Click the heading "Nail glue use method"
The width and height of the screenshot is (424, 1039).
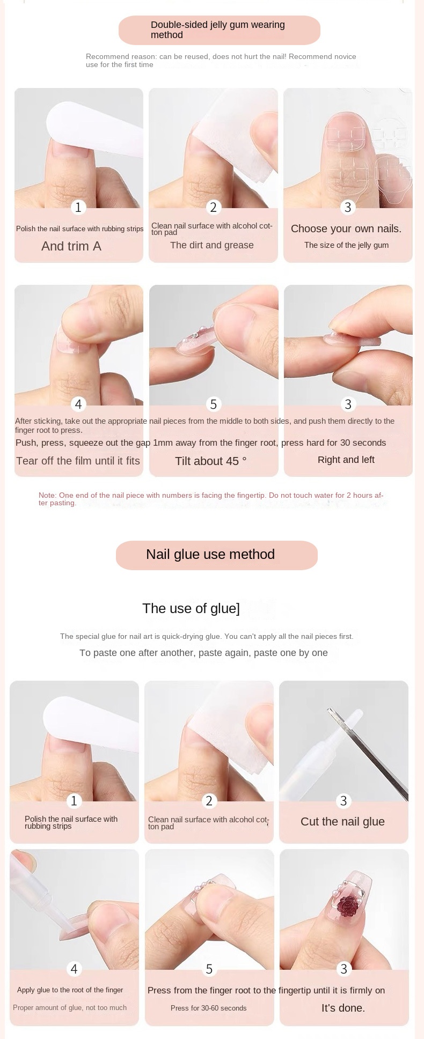pyautogui.click(x=210, y=554)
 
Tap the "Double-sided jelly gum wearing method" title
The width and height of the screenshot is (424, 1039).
pyautogui.click(x=217, y=30)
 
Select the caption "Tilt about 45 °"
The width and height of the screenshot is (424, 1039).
pyautogui.click(x=211, y=461)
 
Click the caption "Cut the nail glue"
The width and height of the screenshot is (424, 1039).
pyautogui.click(x=342, y=822)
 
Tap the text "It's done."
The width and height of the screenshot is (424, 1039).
pyautogui.click(x=343, y=1008)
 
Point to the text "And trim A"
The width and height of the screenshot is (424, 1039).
pyautogui.click(x=71, y=246)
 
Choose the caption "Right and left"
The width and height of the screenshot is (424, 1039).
pyautogui.click(x=346, y=460)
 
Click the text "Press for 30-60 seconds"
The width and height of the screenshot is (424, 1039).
pyautogui.click(x=208, y=1008)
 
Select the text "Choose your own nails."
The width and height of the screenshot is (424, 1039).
pyautogui.click(x=346, y=229)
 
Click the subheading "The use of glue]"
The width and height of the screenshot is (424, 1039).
pyautogui.click(x=191, y=608)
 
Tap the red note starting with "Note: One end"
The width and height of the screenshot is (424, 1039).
pyautogui.click(x=211, y=499)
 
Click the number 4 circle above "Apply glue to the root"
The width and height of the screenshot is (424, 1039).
pyautogui.click(x=74, y=968)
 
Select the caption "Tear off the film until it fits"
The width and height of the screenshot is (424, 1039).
pyautogui.click(x=78, y=461)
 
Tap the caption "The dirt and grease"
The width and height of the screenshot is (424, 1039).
pyautogui.click(x=211, y=245)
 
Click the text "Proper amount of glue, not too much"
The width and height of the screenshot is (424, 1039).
pyautogui.click(x=70, y=1007)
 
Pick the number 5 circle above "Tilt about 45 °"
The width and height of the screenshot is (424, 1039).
pyautogui.click(x=214, y=404)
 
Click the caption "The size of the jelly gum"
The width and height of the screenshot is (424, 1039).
pyautogui.click(x=346, y=245)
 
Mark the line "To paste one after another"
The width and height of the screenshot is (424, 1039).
pyautogui.click(x=203, y=653)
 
